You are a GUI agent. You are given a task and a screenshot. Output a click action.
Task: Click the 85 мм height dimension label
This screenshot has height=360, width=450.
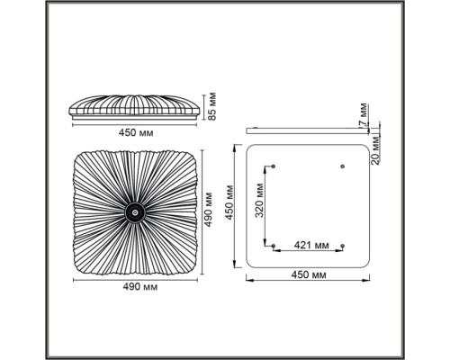click(x=212, y=106)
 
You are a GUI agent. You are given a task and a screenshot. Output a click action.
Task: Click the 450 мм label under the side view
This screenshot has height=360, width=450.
click(x=136, y=132)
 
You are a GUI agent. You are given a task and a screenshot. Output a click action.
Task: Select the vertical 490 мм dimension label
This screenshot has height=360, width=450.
click(x=208, y=210)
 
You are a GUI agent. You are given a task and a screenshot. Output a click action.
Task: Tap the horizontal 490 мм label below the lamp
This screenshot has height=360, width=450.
click(x=140, y=287)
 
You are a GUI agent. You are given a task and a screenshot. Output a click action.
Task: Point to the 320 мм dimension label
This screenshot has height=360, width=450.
click(x=259, y=200)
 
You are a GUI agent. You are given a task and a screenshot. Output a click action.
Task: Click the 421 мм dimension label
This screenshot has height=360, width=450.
click(x=311, y=245)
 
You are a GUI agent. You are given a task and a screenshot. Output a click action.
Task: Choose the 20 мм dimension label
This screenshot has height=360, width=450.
click(x=375, y=150)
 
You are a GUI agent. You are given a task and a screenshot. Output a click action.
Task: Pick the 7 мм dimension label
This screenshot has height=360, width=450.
click(x=364, y=115)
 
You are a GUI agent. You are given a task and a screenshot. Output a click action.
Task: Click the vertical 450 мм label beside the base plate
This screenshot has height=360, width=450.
click(x=229, y=202)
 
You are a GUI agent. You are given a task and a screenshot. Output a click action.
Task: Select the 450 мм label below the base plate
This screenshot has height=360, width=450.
click(x=309, y=274)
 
